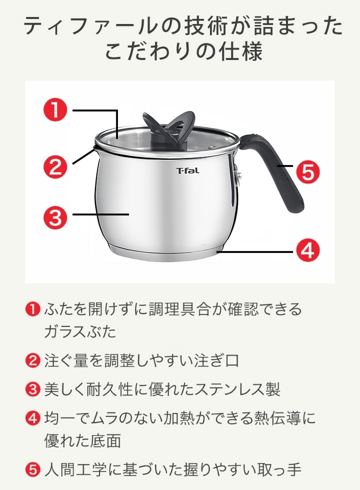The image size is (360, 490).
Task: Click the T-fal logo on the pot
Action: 187,170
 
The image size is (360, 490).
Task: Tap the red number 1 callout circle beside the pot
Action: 55,109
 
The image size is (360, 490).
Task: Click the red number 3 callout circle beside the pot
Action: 55,217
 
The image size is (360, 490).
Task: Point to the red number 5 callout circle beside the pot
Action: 308,171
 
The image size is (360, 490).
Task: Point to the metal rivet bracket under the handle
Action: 236,174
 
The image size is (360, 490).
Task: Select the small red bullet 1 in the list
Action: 32,309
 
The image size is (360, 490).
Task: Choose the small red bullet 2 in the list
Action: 32,360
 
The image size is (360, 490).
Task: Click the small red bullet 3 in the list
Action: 32,389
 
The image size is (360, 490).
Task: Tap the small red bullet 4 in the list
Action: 32,418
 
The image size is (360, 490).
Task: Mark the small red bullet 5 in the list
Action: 32,469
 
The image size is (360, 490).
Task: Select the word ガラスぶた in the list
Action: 80,331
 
